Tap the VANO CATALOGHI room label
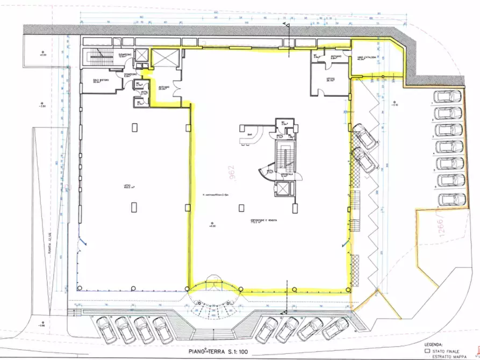tap(358, 58)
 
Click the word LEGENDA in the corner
tap(434, 343)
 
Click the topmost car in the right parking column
tap(447, 97)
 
